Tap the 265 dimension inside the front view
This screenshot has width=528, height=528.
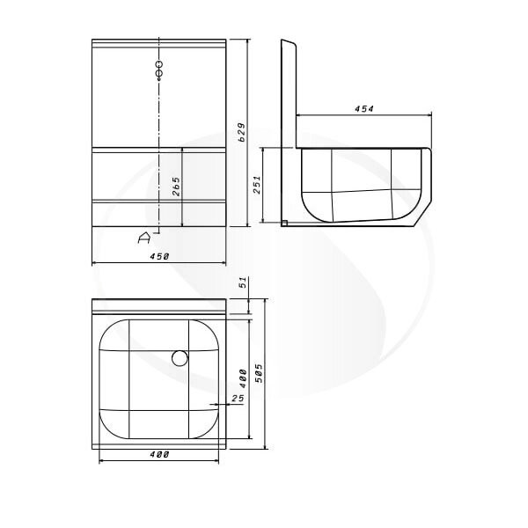[176, 187]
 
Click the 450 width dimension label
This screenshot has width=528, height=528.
[158, 255]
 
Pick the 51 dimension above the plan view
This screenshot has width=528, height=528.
[243, 283]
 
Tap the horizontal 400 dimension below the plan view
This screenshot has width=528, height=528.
[158, 454]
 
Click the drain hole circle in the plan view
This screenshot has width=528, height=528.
[180, 358]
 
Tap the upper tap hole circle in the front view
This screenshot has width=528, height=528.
[159, 64]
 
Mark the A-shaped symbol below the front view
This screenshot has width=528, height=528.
[145, 236]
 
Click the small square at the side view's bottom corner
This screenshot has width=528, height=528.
[284, 224]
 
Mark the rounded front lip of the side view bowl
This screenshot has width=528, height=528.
[425, 185]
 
